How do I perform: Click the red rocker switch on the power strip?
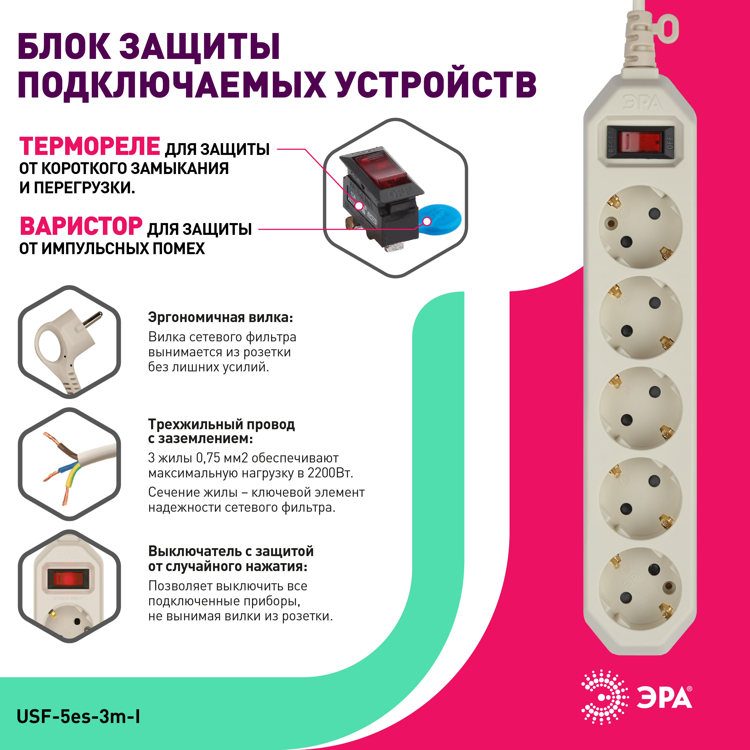[640, 142]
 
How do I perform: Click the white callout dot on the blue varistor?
[427, 221]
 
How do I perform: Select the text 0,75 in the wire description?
[208, 458]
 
